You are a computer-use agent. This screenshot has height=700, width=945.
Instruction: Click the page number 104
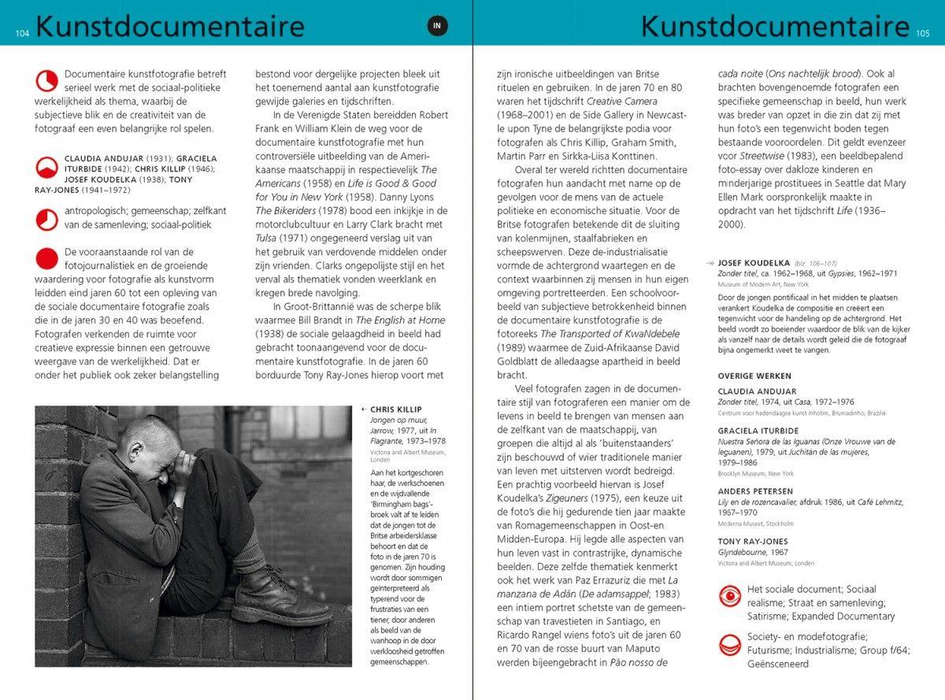click(x=22, y=33)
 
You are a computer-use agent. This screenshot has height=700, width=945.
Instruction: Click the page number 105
click(x=923, y=33)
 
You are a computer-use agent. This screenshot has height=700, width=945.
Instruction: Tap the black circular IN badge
click(x=439, y=26)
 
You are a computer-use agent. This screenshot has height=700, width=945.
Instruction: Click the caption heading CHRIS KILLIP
click(x=396, y=409)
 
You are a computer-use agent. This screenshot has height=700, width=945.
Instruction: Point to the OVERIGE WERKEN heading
click(x=754, y=376)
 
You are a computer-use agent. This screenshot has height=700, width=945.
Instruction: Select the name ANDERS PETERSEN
click(x=755, y=491)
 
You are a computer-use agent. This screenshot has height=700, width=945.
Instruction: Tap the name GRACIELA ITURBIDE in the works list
click(x=757, y=431)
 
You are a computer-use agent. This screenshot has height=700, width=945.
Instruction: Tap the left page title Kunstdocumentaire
click(x=169, y=26)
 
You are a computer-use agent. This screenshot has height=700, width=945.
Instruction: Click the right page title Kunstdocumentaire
click(x=775, y=26)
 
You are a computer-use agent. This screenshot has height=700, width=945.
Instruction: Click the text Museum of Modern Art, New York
click(x=763, y=283)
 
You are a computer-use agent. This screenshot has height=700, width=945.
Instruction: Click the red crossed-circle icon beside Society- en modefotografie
click(x=731, y=645)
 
